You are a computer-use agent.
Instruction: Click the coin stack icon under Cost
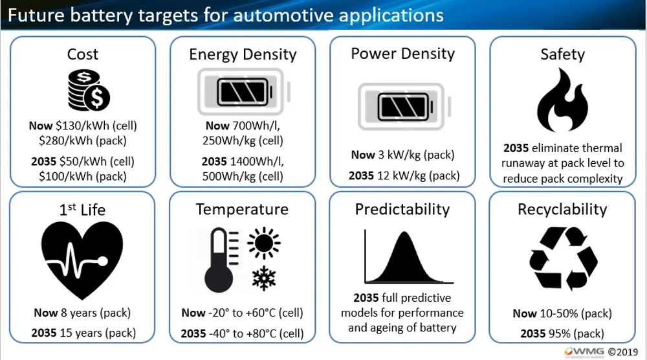[89, 91]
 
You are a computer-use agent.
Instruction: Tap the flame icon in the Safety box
[562, 100]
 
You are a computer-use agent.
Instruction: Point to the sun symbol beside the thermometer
[264, 243]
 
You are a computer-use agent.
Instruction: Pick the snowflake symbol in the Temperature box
[264, 278]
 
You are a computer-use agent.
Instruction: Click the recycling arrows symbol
[564, 258]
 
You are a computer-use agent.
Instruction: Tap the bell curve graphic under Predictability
[408, 257]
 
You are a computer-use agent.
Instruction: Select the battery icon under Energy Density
[244, 92]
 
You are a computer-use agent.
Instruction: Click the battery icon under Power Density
[404, 107]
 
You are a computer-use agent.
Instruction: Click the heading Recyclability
[562, 209]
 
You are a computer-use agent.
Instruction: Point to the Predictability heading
[402, 209]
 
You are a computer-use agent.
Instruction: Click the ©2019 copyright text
[623, 352]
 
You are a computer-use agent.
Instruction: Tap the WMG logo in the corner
[584, 352]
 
